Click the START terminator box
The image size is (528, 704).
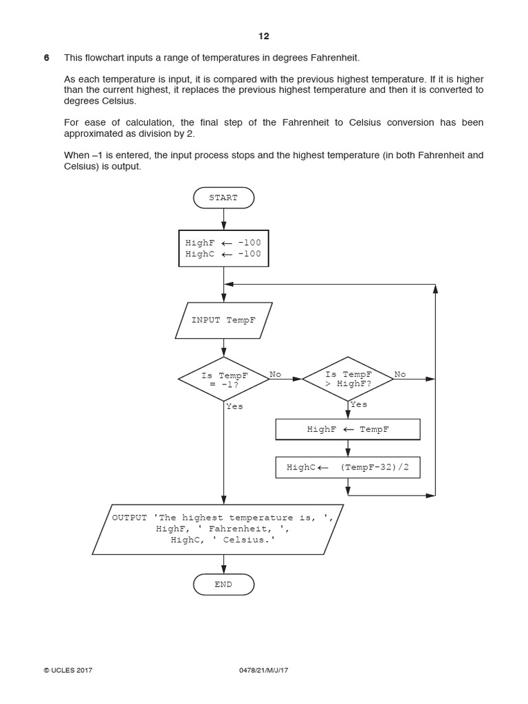pos(223,198)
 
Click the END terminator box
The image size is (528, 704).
pos(223,584)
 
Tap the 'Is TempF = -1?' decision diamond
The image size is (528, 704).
pos(223,379)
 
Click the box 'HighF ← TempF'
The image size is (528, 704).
pos(347,430)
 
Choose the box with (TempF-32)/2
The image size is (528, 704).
pos(347,467)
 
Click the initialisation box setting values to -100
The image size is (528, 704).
pos(223,248)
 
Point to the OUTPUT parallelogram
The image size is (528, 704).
pos(218,529)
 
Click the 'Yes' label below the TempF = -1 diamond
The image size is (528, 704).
pos(234,406)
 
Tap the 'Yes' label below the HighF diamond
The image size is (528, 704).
pos(358,405)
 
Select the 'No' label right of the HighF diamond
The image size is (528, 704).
pos(399,374)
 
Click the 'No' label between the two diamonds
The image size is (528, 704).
pos(276,374)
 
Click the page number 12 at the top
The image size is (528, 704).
pos(264,36)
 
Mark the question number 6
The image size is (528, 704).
pos(47,57)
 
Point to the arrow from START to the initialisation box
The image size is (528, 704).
pos(223,219)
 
